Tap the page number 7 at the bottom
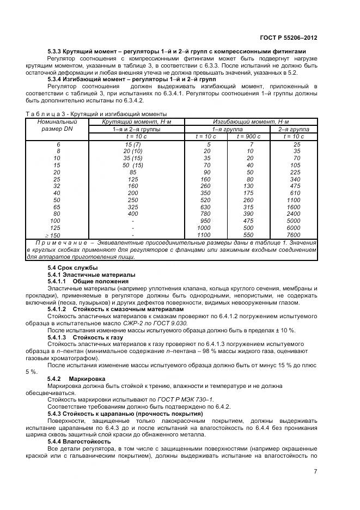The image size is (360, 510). click(x=315, y=472)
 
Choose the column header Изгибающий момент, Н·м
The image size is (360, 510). click(x=251, y=122)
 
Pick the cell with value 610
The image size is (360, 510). click(x=295, y=192)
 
